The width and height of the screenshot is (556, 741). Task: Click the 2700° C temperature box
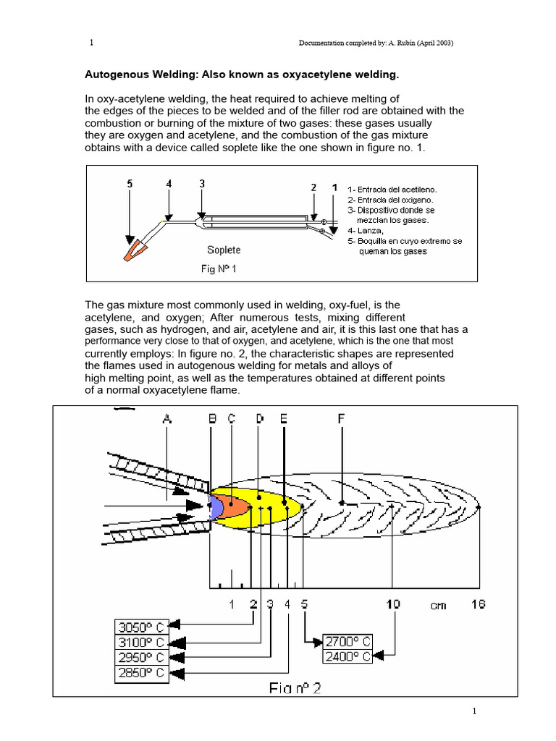(x=347, y=641)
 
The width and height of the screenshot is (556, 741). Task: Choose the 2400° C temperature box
(x=347, y=656)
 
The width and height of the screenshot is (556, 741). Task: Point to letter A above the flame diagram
(x=167, y=418)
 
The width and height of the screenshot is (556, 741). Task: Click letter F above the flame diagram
(x=342, y=418)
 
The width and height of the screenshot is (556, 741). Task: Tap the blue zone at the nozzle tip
(x=215, y=507)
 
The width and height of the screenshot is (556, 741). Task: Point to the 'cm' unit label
(x=439, y=605)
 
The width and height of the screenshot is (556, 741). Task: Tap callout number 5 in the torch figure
(x=130, y=184)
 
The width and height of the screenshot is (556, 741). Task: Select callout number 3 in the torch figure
(x=202, y=184)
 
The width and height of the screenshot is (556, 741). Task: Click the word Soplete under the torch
(x=224, y=250)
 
